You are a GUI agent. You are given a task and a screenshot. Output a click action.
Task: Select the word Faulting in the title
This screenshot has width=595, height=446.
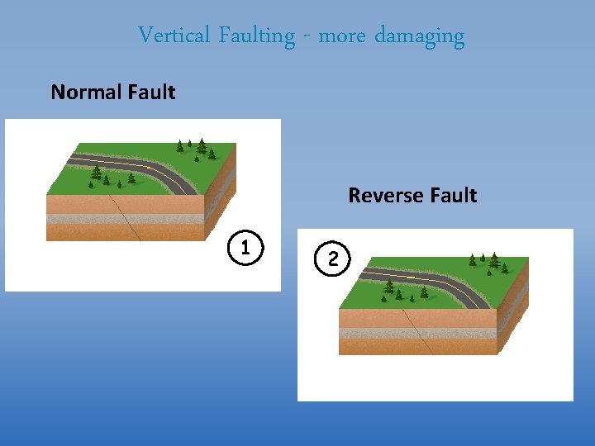[x=256, y=36]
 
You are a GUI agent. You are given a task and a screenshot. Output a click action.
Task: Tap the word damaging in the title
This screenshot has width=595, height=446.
[x=420, y=36]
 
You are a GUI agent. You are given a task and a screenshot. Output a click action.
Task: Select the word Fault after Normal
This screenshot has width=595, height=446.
[x=152, y=92]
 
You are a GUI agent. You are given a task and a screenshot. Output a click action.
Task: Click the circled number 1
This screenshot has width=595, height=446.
[x=245, y=247]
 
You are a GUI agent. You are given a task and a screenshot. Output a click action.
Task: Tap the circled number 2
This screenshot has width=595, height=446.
[x=333, y=258]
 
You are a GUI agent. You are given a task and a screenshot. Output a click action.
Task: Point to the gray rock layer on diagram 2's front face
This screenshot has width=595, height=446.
[x=372, y=333]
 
